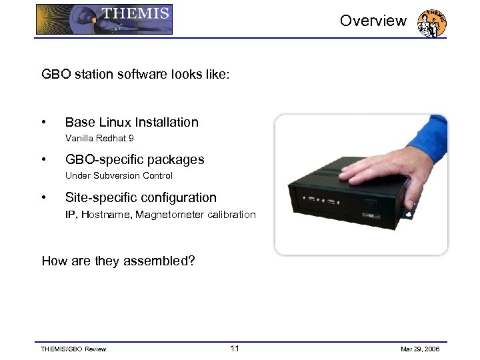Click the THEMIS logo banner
[104, 19]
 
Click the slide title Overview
[373, 21]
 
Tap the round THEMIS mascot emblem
[431, 23]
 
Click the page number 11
[234, 349]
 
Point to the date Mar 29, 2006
[421, 349]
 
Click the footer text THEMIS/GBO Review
[73, 349]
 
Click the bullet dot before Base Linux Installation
[43, 122]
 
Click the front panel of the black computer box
[333, 207]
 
